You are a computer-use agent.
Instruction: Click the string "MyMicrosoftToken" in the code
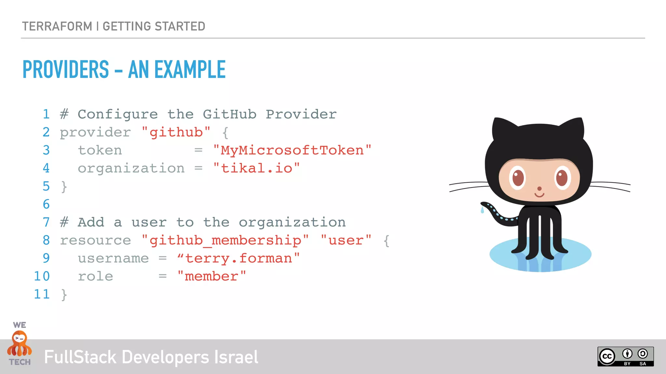click(x=292, y=150)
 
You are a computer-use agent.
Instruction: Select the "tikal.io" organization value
click(x=257, y=168)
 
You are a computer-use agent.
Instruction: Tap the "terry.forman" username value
click(x=238, y=258)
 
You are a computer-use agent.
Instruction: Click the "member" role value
click(x=211, y=276)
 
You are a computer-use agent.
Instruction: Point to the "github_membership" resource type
click(x=225, y=241)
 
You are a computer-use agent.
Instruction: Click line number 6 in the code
click(x=46, y=204)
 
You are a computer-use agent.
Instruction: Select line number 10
click(x=42, y=276)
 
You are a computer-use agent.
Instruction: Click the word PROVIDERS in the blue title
click(x=66, y=69)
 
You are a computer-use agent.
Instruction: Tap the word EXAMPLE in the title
click(x=190, y=69)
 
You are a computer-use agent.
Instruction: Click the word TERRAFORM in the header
click(x=57, y=26)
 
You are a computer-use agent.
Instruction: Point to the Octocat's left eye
click(x=518, y=178)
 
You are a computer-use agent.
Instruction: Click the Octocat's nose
click(x=539, y=189)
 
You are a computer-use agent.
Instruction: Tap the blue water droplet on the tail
click(x=482, y=210)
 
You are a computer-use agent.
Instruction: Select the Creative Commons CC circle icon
click(x=607, y=356)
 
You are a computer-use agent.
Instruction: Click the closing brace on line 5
click(x=64, y=187)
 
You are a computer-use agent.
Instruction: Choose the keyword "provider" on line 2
click(x=95, y=132)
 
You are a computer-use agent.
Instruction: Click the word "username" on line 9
click(x=113, y=258)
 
